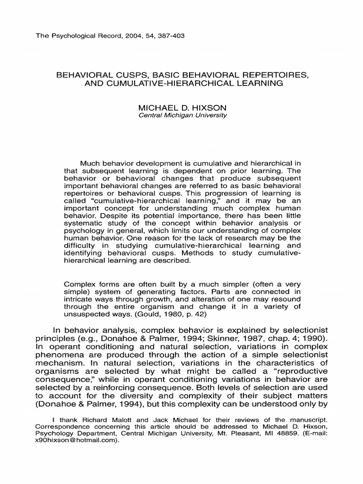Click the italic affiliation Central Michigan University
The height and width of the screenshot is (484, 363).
point(181,115)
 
